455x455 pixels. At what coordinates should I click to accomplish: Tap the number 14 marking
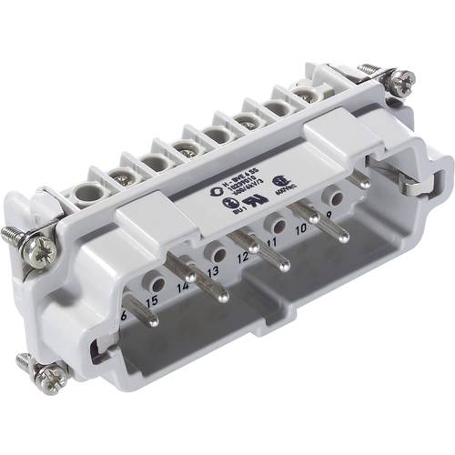pos(185,286)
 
